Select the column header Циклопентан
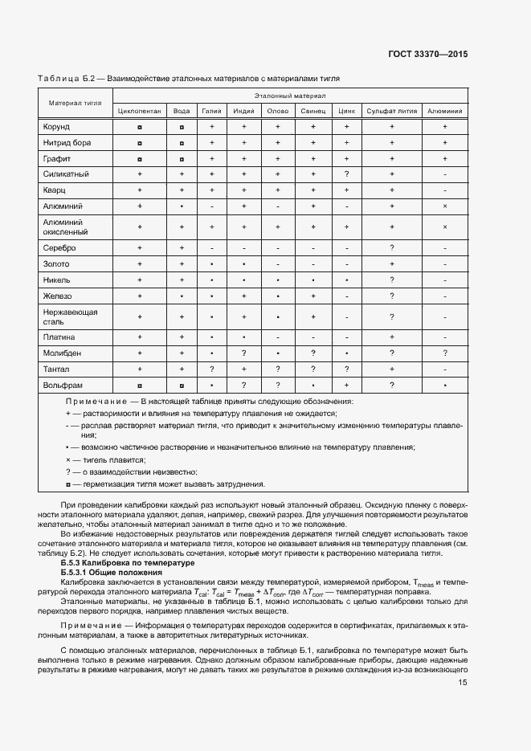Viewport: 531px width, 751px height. (x=139, y=112)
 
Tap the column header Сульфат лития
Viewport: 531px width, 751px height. (x=392, y=112)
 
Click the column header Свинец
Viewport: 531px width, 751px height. (x=313, y=112)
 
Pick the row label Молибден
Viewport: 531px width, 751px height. (x=62, y=353)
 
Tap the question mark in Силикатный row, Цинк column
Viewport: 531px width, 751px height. (x=346, y=174)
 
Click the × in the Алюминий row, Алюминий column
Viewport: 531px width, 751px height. (x=444, y=206)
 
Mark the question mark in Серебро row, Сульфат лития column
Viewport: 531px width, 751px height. (x=392, y=248)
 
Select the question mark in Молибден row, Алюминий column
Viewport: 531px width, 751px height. (x=444, y=353)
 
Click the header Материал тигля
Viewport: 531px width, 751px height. (x=75, y=104)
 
